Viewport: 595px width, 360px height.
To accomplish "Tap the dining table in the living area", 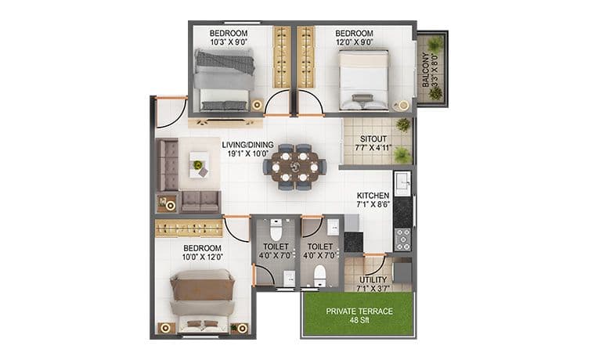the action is point(294,167).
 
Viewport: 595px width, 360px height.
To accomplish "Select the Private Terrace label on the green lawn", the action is point(359,311).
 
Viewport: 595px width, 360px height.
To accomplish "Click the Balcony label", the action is point(426,70).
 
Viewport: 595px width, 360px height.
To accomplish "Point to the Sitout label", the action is point(373,139).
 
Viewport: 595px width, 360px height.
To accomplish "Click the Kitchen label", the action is point(373,196).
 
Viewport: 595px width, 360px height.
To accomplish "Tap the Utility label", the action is point(373,280).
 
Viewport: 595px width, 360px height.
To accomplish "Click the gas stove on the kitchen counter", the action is point(402,239).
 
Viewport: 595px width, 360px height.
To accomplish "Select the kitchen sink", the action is point(402,183).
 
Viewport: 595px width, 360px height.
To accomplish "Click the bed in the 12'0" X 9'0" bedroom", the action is point(364,79).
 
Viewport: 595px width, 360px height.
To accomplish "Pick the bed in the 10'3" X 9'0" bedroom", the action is point(224,80).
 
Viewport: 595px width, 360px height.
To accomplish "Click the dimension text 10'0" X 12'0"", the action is point(202,257).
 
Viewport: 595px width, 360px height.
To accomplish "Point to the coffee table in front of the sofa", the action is point(199,164).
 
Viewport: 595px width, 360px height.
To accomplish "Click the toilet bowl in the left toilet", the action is point(276,229).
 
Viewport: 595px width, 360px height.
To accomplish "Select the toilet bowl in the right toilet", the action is point(320,276).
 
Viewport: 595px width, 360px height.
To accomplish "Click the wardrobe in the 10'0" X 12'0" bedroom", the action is point(189,229).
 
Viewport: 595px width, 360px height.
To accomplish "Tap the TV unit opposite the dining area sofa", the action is point(225,123).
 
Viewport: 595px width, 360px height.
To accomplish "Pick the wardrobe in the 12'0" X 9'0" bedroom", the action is point(306,57).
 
